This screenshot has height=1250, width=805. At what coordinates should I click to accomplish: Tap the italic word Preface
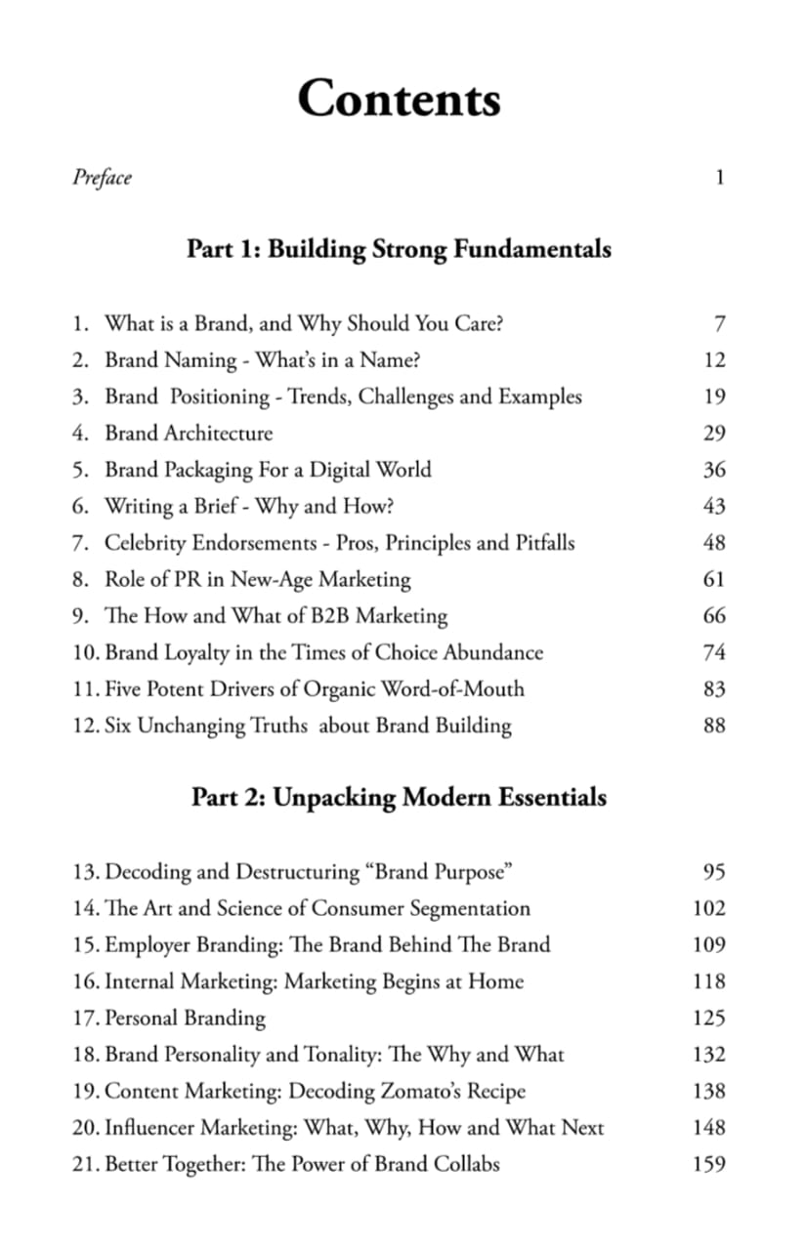[102, 178]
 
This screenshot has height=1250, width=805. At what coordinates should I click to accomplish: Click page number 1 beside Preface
[719, 178]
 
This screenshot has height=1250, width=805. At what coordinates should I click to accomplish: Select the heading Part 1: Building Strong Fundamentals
[399, 249]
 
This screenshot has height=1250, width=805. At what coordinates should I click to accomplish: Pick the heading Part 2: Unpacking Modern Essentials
[399, 798]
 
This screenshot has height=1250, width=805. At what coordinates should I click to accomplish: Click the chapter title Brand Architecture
[189, 433]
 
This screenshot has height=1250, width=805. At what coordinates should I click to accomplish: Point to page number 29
[714, 434]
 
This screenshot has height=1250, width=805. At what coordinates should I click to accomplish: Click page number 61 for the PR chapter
[714, 580]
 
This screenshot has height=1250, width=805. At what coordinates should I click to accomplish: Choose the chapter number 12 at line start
[83, 726]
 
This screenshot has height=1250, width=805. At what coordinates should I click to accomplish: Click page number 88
[714, 727]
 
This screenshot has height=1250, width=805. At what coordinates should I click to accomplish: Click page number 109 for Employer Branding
[708, 945]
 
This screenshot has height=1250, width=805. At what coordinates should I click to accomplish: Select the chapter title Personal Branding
[185, 1018]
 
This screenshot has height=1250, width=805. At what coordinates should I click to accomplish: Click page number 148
[708, 1128]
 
